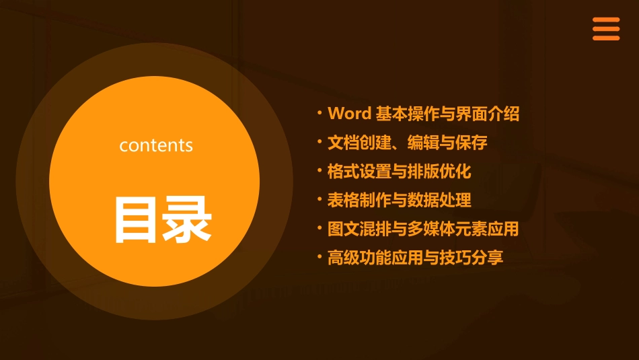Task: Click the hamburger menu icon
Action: coord(606,29)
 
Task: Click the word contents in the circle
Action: coord(156,145)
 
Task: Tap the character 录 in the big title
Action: coord(186,219)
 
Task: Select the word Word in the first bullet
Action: coord(349,114)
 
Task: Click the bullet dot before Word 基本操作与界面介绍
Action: coord(319,112)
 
